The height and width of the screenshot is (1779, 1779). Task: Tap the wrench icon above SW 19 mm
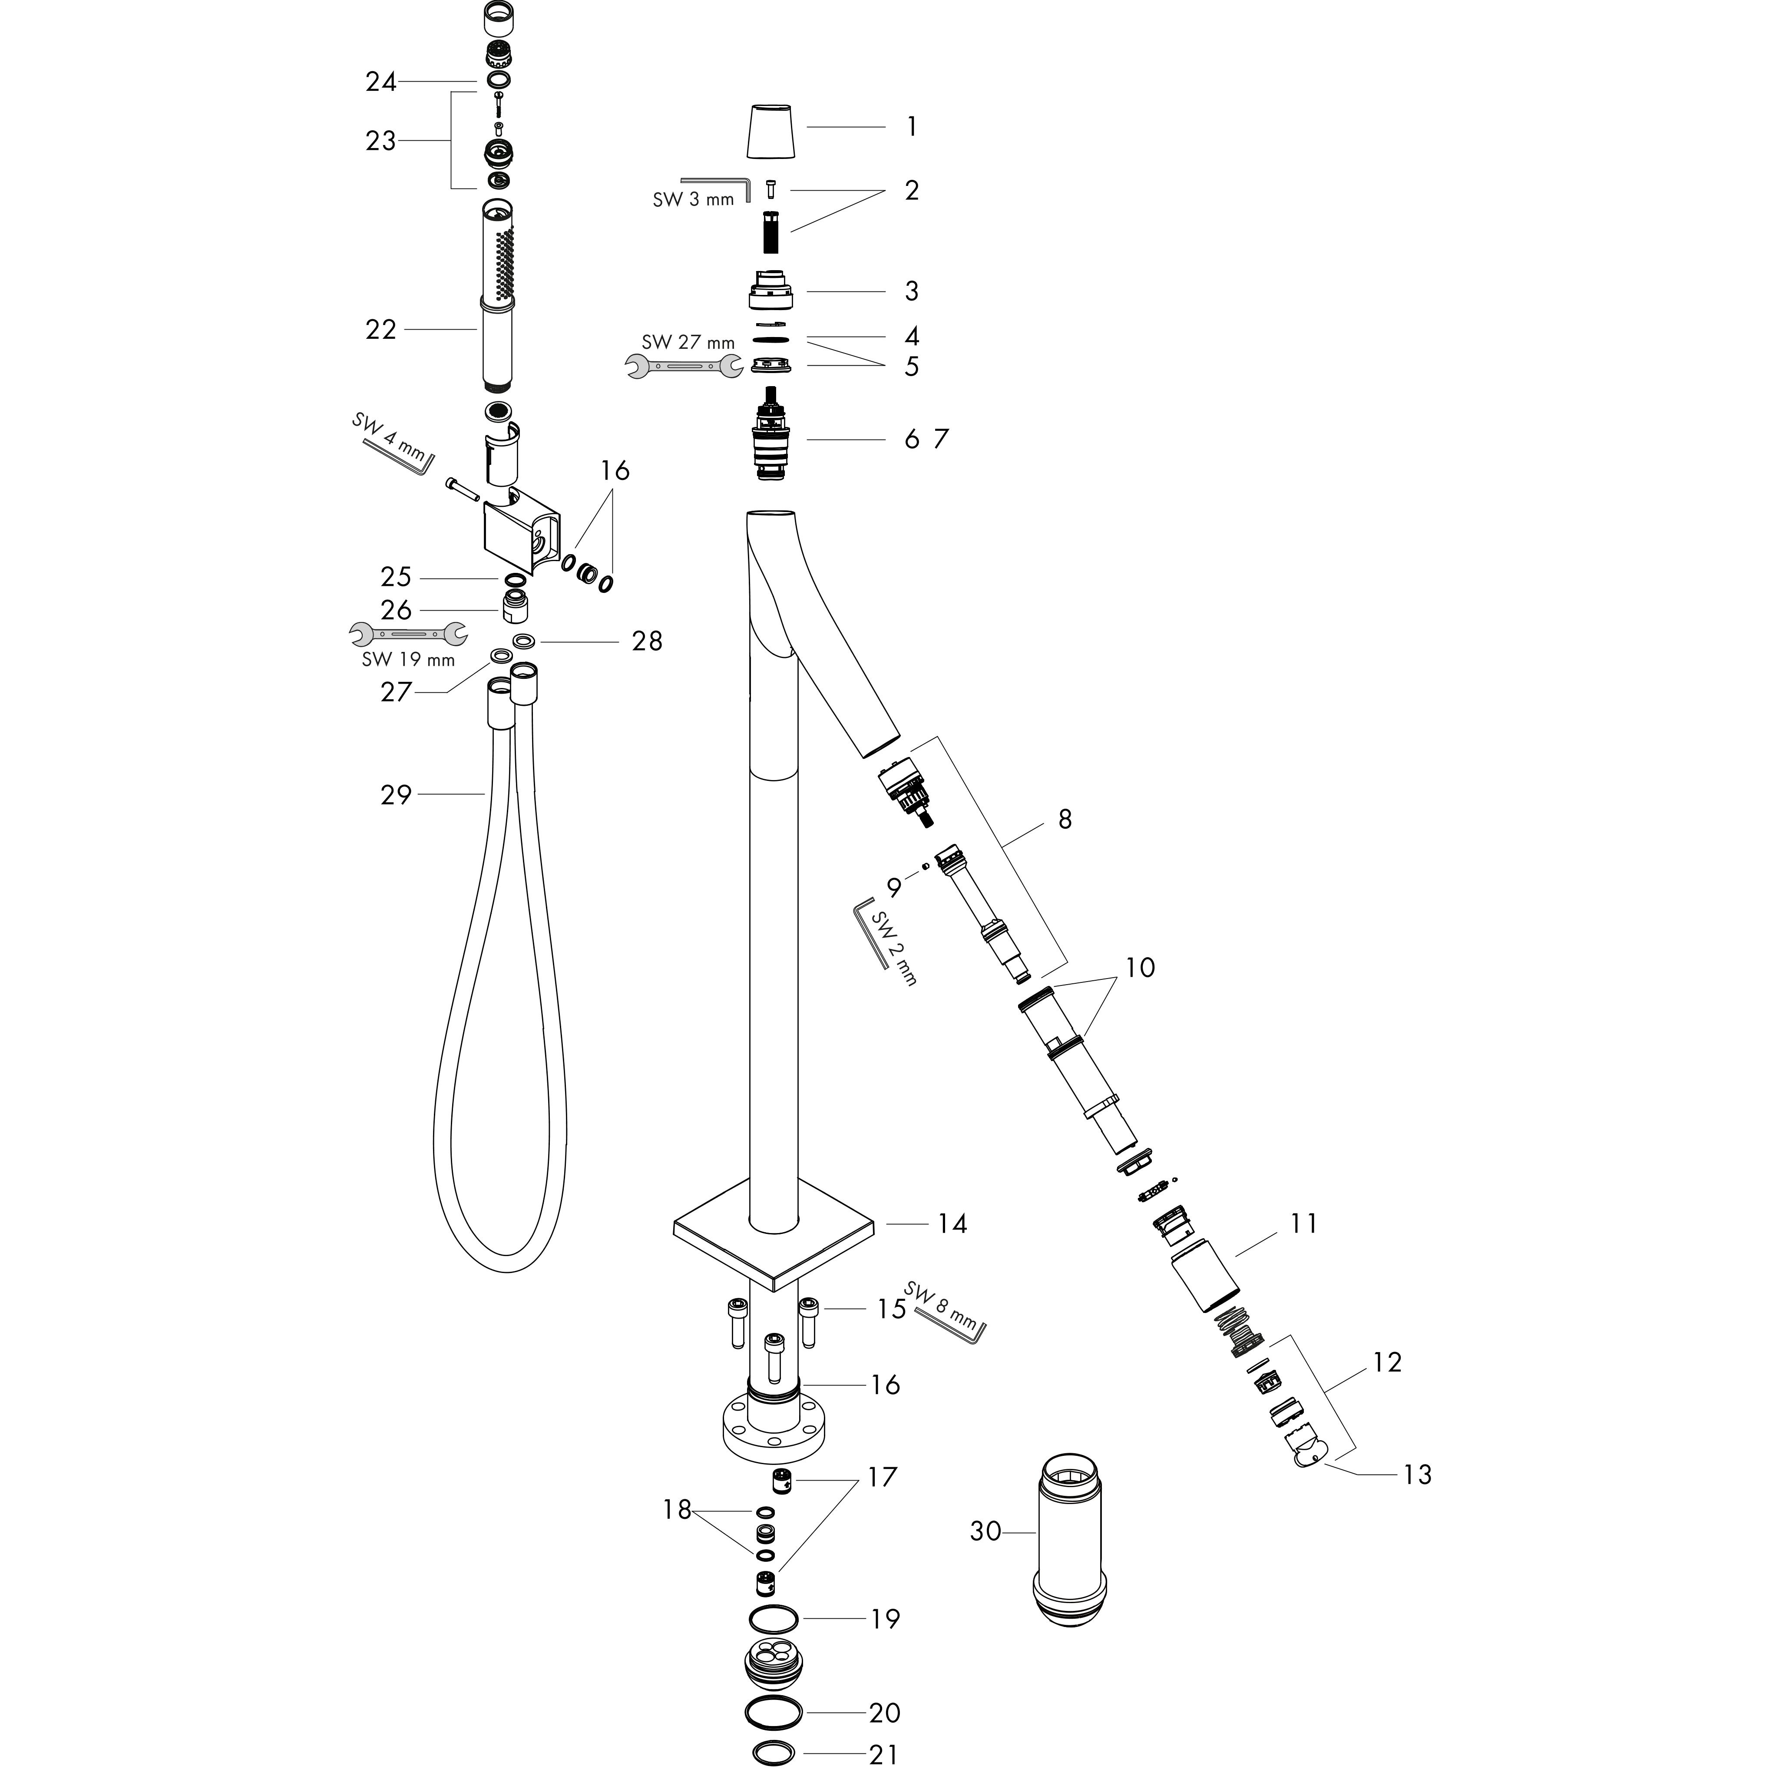408,634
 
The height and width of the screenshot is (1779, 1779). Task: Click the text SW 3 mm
693,199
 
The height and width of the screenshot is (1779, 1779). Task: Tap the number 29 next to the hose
396,795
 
